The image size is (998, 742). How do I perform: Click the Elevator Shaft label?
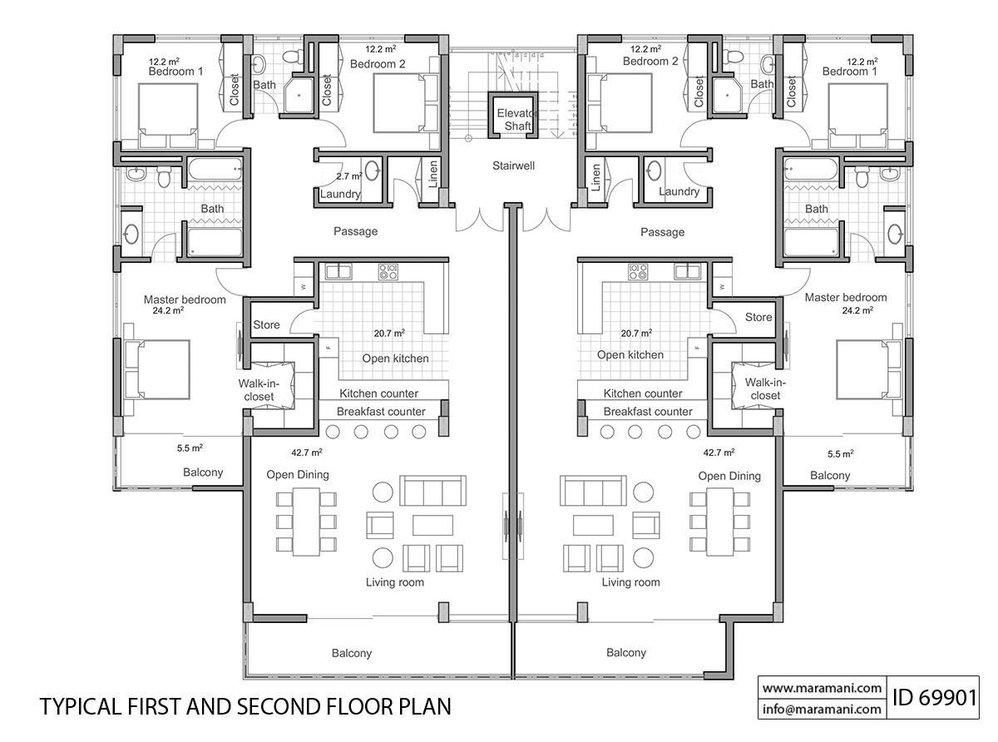click(x=512, y=119)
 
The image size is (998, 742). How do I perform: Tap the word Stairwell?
click(x=512, y=166)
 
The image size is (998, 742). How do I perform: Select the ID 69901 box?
click(x=933, y=697)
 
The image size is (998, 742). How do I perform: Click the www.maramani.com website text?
click(x=821, y=688)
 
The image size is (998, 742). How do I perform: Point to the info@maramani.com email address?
click(x=821, y=710)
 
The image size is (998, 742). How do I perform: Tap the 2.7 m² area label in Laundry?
click(x=348, y=176)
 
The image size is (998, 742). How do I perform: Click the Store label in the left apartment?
click(x=266, y=324)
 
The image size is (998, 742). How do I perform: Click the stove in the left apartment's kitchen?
click(x=388, y=270)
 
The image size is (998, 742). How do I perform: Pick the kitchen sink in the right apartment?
click(x=687, y=270)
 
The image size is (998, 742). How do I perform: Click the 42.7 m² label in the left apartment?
click(x=306, y=453)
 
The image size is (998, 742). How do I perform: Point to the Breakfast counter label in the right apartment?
click(x=647, y=412)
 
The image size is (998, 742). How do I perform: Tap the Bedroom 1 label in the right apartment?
click(x=849, y=72)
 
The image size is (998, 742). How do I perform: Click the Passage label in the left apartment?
click(x=355, y=231)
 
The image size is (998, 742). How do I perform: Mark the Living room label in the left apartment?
click(x=394, y=582)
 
